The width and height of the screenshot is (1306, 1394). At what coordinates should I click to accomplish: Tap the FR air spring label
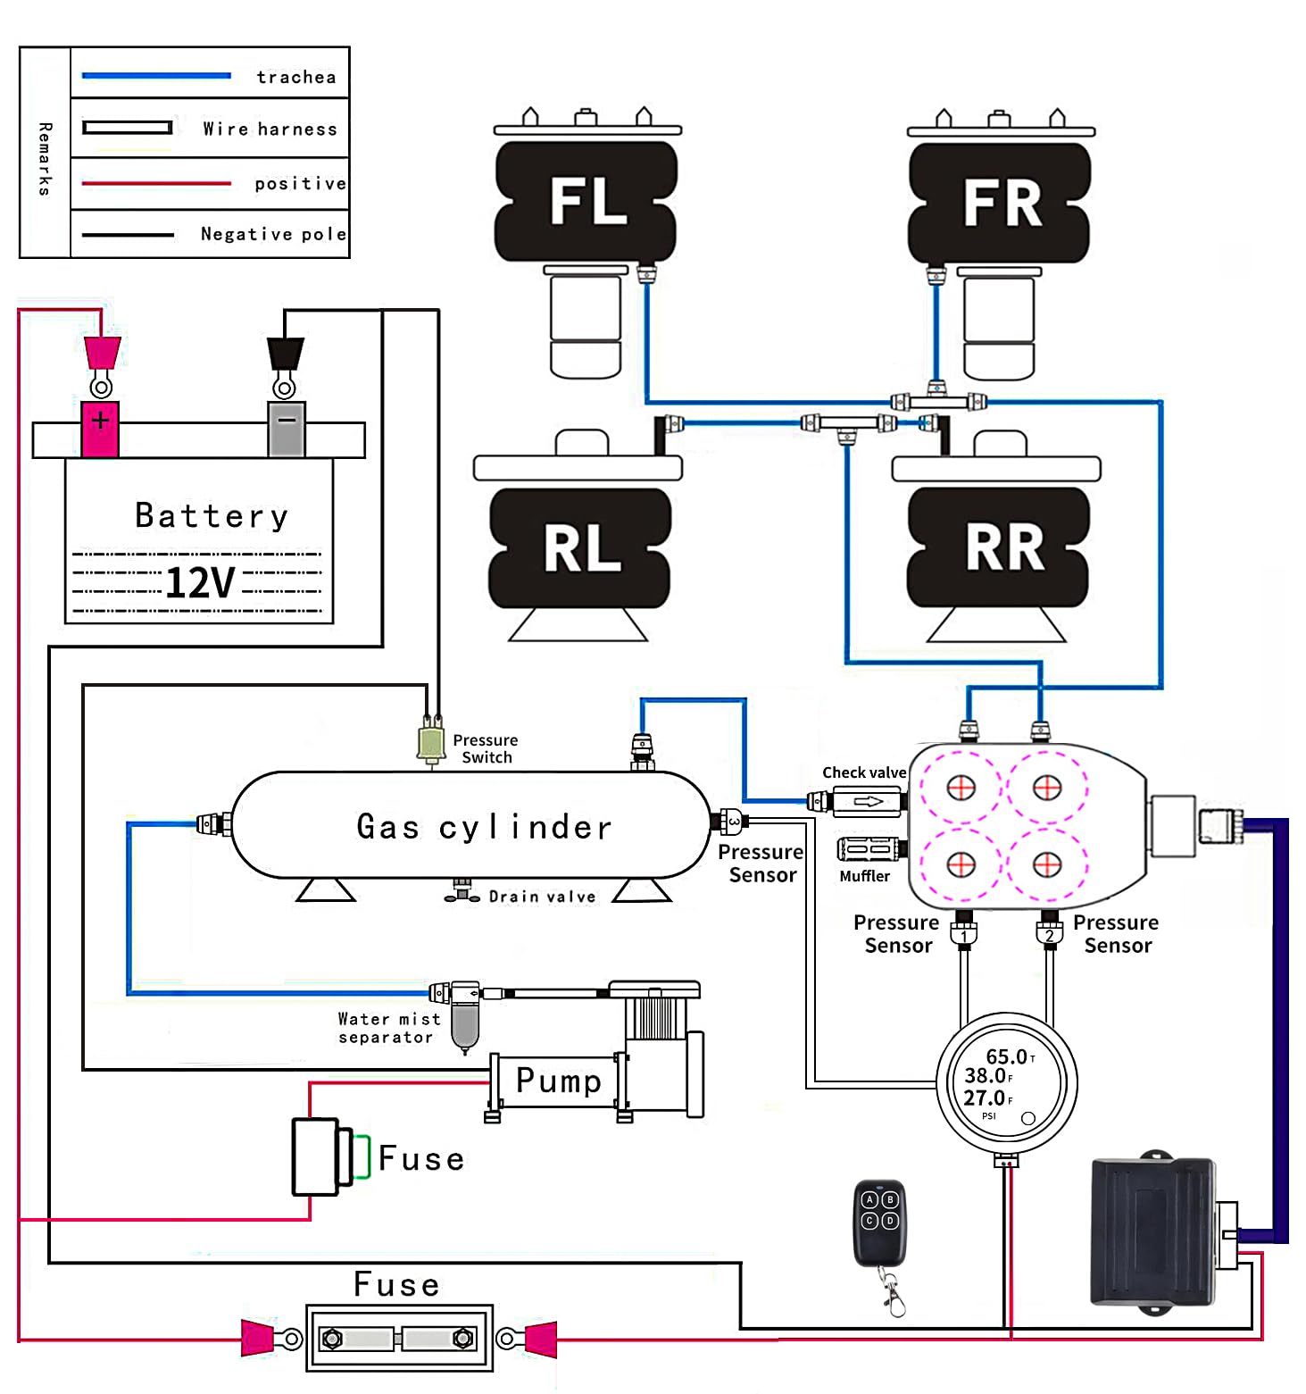pos(1002,203)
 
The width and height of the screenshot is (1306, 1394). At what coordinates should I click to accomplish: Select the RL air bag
pos(580,547)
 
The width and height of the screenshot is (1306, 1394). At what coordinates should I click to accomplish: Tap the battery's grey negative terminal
pos(287,428)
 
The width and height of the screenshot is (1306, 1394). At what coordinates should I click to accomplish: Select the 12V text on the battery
pos(200,583)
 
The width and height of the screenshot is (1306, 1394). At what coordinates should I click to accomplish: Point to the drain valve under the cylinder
pos(462,891)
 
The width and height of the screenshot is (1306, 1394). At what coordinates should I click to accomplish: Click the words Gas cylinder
pos(484,827)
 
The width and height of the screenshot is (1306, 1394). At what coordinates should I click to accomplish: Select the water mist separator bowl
pos(464,1024)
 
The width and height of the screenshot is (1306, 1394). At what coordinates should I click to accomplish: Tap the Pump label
pos(559,1081)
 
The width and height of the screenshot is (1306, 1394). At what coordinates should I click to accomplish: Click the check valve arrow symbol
pos(868,801)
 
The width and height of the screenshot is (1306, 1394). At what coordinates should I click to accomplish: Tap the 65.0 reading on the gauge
pos(1006,1057)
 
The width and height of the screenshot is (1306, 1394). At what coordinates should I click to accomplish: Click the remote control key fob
pos(879,1223)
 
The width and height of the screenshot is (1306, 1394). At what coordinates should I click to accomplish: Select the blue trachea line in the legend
pos(156,76)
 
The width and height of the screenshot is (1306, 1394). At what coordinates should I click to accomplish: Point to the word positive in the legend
pos(300,184)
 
